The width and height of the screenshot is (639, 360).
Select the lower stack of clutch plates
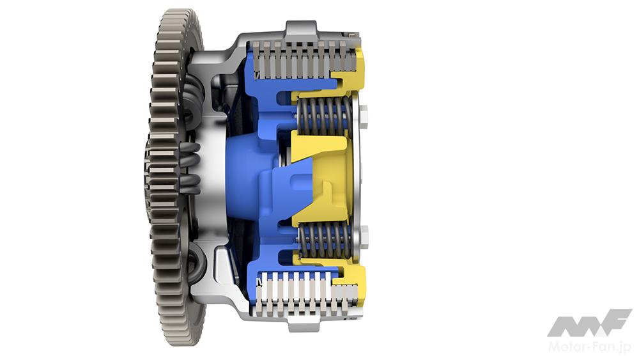305,295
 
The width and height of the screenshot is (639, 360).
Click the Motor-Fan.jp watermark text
589,347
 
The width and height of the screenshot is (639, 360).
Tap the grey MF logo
589,323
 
